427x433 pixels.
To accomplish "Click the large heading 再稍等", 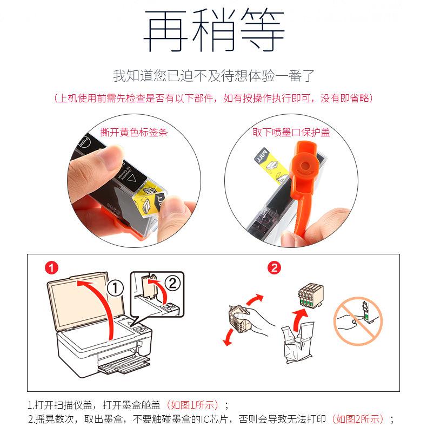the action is click(214, 30).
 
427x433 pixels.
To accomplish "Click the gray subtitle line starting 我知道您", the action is click(214, 76).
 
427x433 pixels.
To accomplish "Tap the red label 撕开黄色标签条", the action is click(134, 132).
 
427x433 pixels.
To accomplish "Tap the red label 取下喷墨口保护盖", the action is click(291, 132).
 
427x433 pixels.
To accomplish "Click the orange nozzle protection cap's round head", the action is click(305, 166).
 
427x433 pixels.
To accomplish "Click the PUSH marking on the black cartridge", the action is click(85, 143).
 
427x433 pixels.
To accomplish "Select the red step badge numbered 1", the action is click(51, 267).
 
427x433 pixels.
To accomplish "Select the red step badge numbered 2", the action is click(274, 267).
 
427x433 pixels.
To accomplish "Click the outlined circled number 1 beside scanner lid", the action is click(115, 288).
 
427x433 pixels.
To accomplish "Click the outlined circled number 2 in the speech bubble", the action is click(172, 283).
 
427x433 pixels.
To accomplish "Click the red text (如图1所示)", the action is click(192, 405).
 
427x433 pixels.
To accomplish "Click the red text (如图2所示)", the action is click(358, 419).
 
